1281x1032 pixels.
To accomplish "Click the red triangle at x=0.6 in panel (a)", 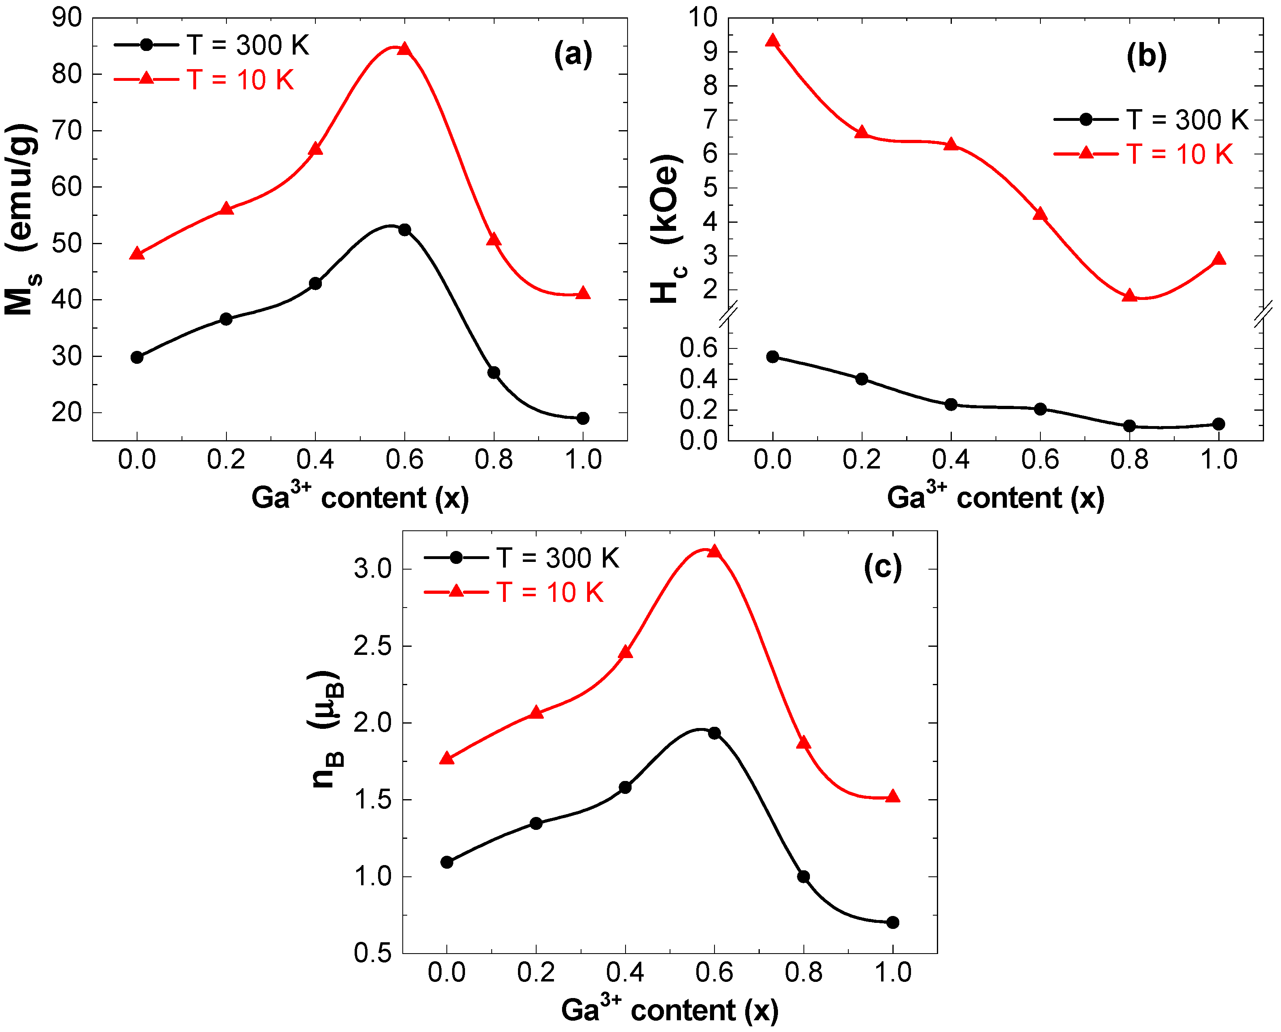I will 404,49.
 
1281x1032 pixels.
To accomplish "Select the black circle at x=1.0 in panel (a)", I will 583,418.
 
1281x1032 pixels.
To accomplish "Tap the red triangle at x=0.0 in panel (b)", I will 773,41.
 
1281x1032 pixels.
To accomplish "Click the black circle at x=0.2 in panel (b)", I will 862,379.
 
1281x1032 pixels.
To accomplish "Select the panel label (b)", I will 1147,57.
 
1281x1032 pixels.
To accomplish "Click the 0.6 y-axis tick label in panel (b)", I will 698,348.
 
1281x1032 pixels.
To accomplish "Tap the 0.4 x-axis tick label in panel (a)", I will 315,460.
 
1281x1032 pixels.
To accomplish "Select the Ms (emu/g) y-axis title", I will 21,220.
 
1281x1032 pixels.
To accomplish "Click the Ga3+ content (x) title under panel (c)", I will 670,1010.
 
